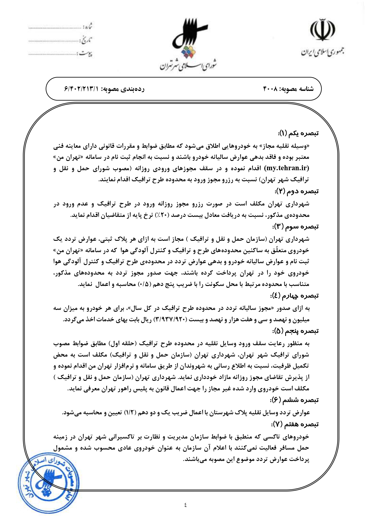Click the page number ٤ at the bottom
(185, 505)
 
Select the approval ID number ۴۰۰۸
(271, 89)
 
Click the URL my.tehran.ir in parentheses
(287, 168)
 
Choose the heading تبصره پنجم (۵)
(296, 331)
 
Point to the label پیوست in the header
(86, 54)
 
